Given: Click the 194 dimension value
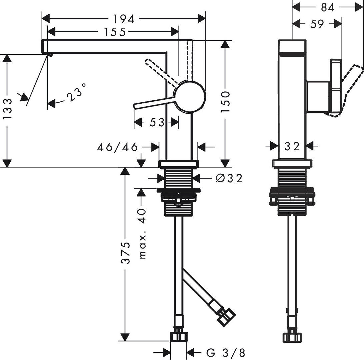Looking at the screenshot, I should (x=124, y=19).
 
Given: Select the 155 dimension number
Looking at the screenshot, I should (x=114, y=32).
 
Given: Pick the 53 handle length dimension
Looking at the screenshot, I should (x=157, y=122).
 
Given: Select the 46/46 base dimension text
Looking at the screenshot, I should (x=117, y=147).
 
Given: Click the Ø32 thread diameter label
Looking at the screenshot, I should (x=229, y=178).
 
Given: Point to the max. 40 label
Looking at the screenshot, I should (x=142, y=233).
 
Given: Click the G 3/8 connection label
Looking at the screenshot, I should (x=226, y=352).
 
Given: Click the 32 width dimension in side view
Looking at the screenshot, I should (x=292, y=146).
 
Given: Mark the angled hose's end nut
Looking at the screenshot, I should (x=226, y=315).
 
